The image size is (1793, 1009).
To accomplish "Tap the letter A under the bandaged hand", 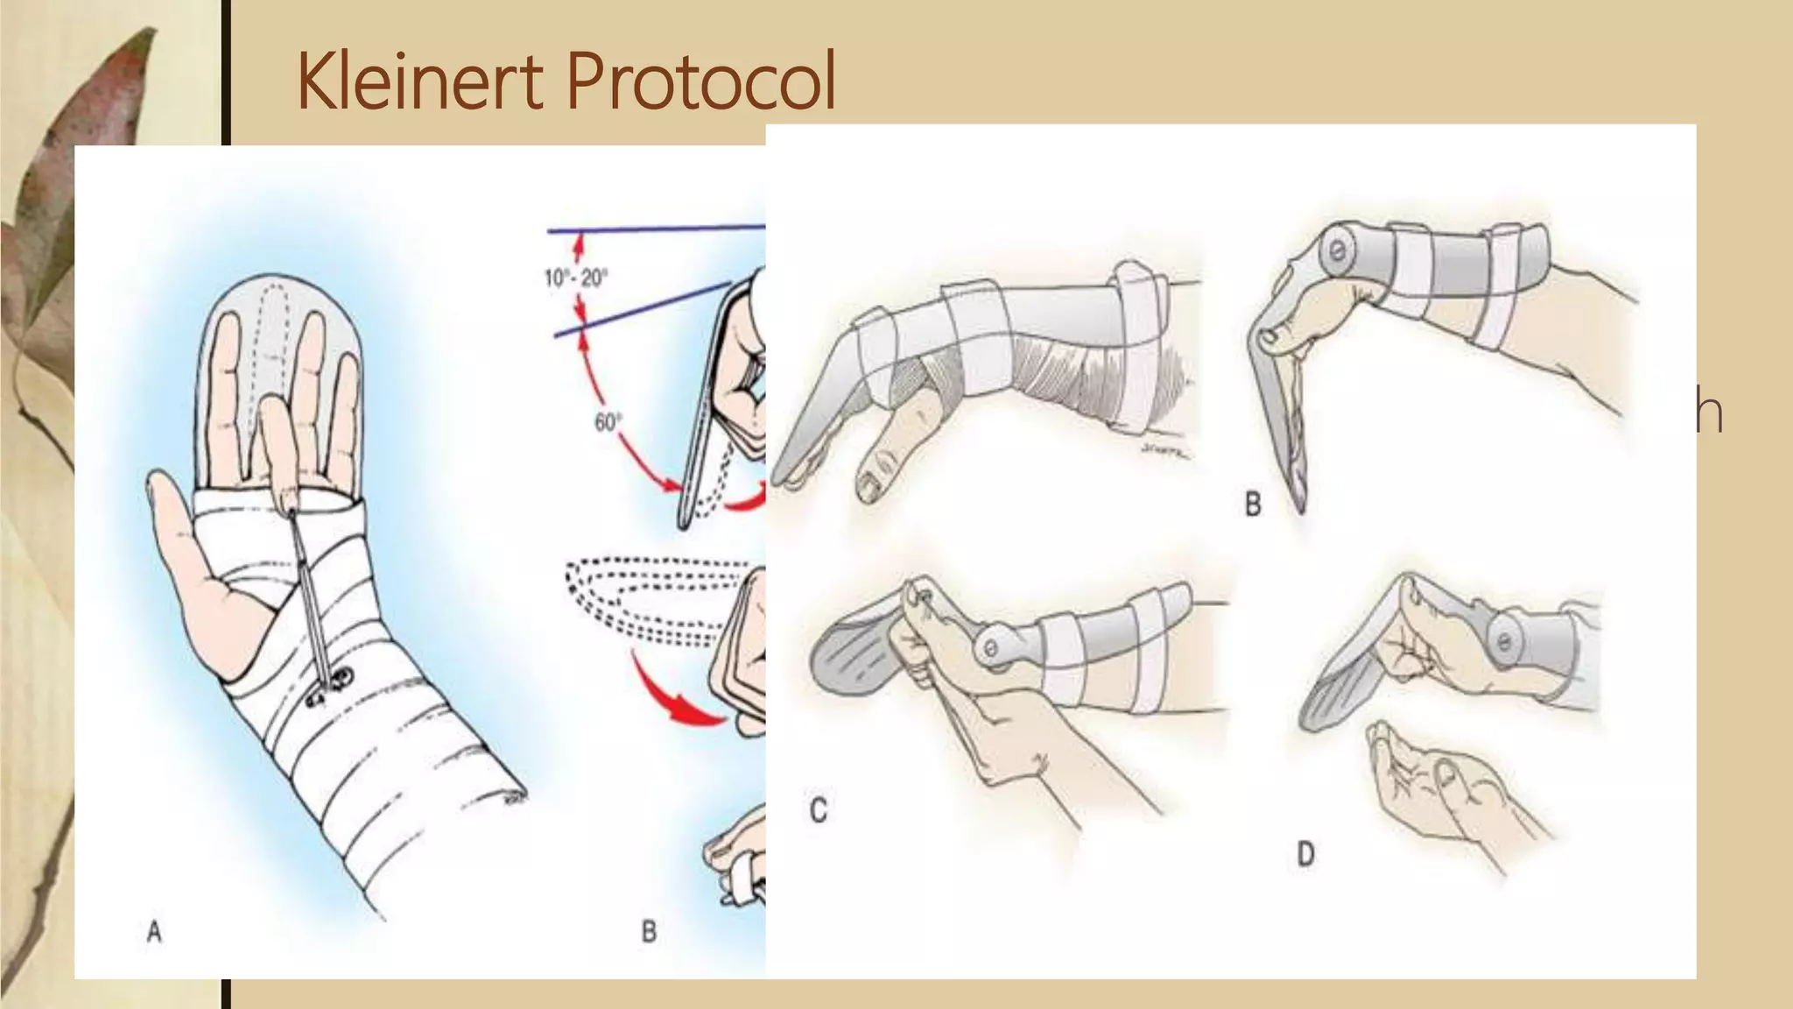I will click(154, 932).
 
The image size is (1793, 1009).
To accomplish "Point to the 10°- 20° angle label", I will click(575, 279).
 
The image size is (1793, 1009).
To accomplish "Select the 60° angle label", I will click(608, 422).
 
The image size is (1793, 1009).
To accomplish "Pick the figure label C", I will click(819, 810).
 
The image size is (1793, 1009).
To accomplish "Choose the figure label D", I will click(1305, 853).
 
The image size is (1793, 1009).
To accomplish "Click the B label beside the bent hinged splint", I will click(1253, 504).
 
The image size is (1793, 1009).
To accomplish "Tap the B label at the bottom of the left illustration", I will click(649, 931).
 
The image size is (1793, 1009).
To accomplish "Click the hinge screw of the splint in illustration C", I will click(990, 649).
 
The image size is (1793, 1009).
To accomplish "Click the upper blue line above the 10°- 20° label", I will click(657, 229).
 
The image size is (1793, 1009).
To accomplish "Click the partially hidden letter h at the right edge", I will click(1710, 413).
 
